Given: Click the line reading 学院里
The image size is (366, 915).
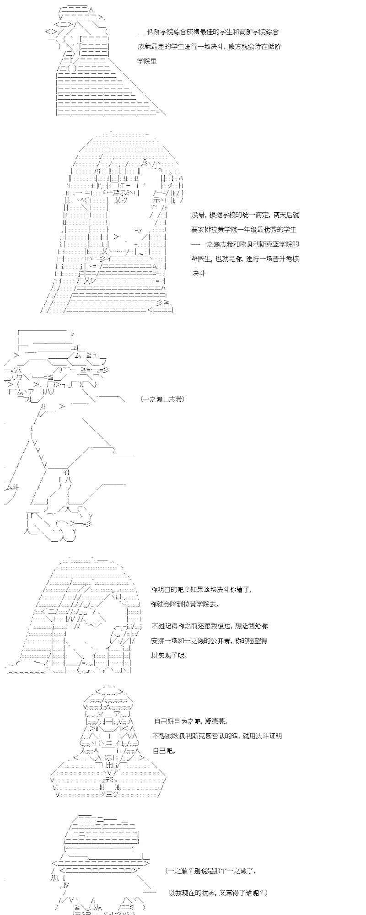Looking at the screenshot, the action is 147,61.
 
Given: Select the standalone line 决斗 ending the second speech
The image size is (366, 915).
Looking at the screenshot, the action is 199,274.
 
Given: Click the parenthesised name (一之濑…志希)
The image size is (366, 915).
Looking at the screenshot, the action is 163,399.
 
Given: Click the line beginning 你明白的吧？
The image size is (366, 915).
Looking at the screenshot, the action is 201,589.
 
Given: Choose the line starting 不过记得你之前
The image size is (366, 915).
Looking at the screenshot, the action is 210,626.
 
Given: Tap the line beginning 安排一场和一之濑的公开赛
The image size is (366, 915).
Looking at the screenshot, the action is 209,640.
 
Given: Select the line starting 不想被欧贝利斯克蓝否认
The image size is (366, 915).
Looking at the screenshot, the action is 217,736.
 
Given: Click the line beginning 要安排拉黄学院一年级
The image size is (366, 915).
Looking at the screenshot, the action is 244,230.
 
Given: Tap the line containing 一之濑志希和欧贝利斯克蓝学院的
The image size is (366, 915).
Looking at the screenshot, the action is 245,244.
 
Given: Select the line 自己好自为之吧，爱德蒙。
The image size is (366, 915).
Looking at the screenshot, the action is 190,721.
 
